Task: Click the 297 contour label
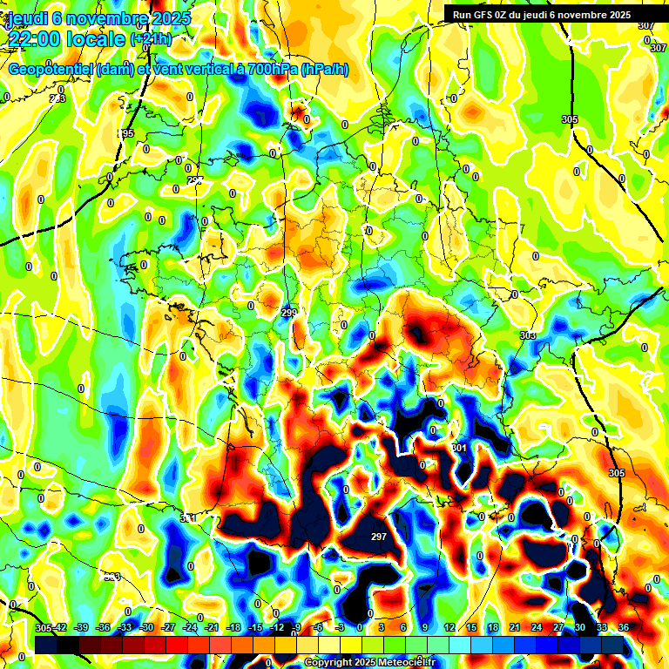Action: (x=378, y=537)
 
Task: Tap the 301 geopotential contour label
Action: (x=459, y=448)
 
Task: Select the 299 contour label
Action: (x=289, y=312)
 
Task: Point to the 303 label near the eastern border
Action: (x=527, y=335)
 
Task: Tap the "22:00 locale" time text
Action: (x=66, y=39)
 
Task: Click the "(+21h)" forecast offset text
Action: (x=150, y=39)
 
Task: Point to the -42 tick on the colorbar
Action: (x=59, y=627)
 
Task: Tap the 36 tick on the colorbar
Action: (x=624, y=627)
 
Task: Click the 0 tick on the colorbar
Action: (x=360, y=627)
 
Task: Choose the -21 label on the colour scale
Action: (x=211, y=627)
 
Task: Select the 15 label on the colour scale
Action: (x=471, y=627)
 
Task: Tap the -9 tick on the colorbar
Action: (x=296, y=627)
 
